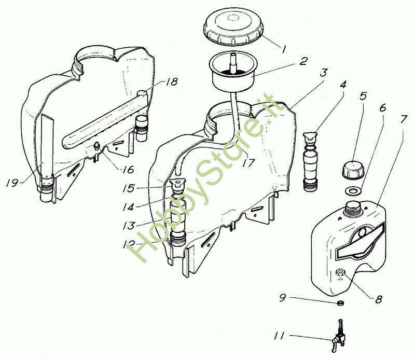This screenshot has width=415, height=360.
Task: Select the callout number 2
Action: [303, 61]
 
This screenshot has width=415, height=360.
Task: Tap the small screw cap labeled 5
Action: [353, 170]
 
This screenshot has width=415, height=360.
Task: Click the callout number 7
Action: [403, 119]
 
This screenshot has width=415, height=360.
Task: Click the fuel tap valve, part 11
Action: [338, 336]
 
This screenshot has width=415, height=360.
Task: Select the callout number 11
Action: [279, 336]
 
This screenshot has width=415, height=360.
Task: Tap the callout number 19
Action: [12, 183]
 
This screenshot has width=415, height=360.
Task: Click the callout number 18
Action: [172, 82]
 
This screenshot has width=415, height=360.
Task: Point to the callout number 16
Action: [128, 170]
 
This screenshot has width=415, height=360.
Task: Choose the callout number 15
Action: [129, 188]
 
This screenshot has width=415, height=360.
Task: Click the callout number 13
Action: [129, 226]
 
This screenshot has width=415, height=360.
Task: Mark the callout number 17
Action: [248, 162]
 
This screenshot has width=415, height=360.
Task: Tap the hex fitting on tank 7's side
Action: [340, 272]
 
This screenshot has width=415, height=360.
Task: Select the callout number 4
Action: [343, 85]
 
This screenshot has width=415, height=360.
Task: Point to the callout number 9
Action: [283, 298]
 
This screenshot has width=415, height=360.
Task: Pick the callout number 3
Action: [323, 73]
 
